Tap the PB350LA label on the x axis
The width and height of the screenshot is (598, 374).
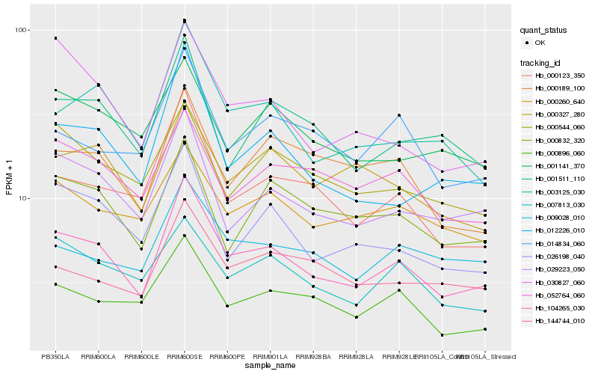click(x=55, y=356)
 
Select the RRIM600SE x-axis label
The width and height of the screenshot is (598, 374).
click(x=185, y=356)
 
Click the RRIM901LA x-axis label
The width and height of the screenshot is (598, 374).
click(x=271, y=356)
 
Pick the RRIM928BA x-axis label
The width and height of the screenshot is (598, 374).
click(x=314, y=356)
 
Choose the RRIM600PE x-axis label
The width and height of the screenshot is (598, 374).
click(x=227, y=356)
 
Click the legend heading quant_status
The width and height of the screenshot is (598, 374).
click(x=544, y=31)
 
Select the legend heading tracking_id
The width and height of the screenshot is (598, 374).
click(x=541, y=62)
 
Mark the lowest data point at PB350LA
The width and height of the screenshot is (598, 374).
click(x=55, y=284)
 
